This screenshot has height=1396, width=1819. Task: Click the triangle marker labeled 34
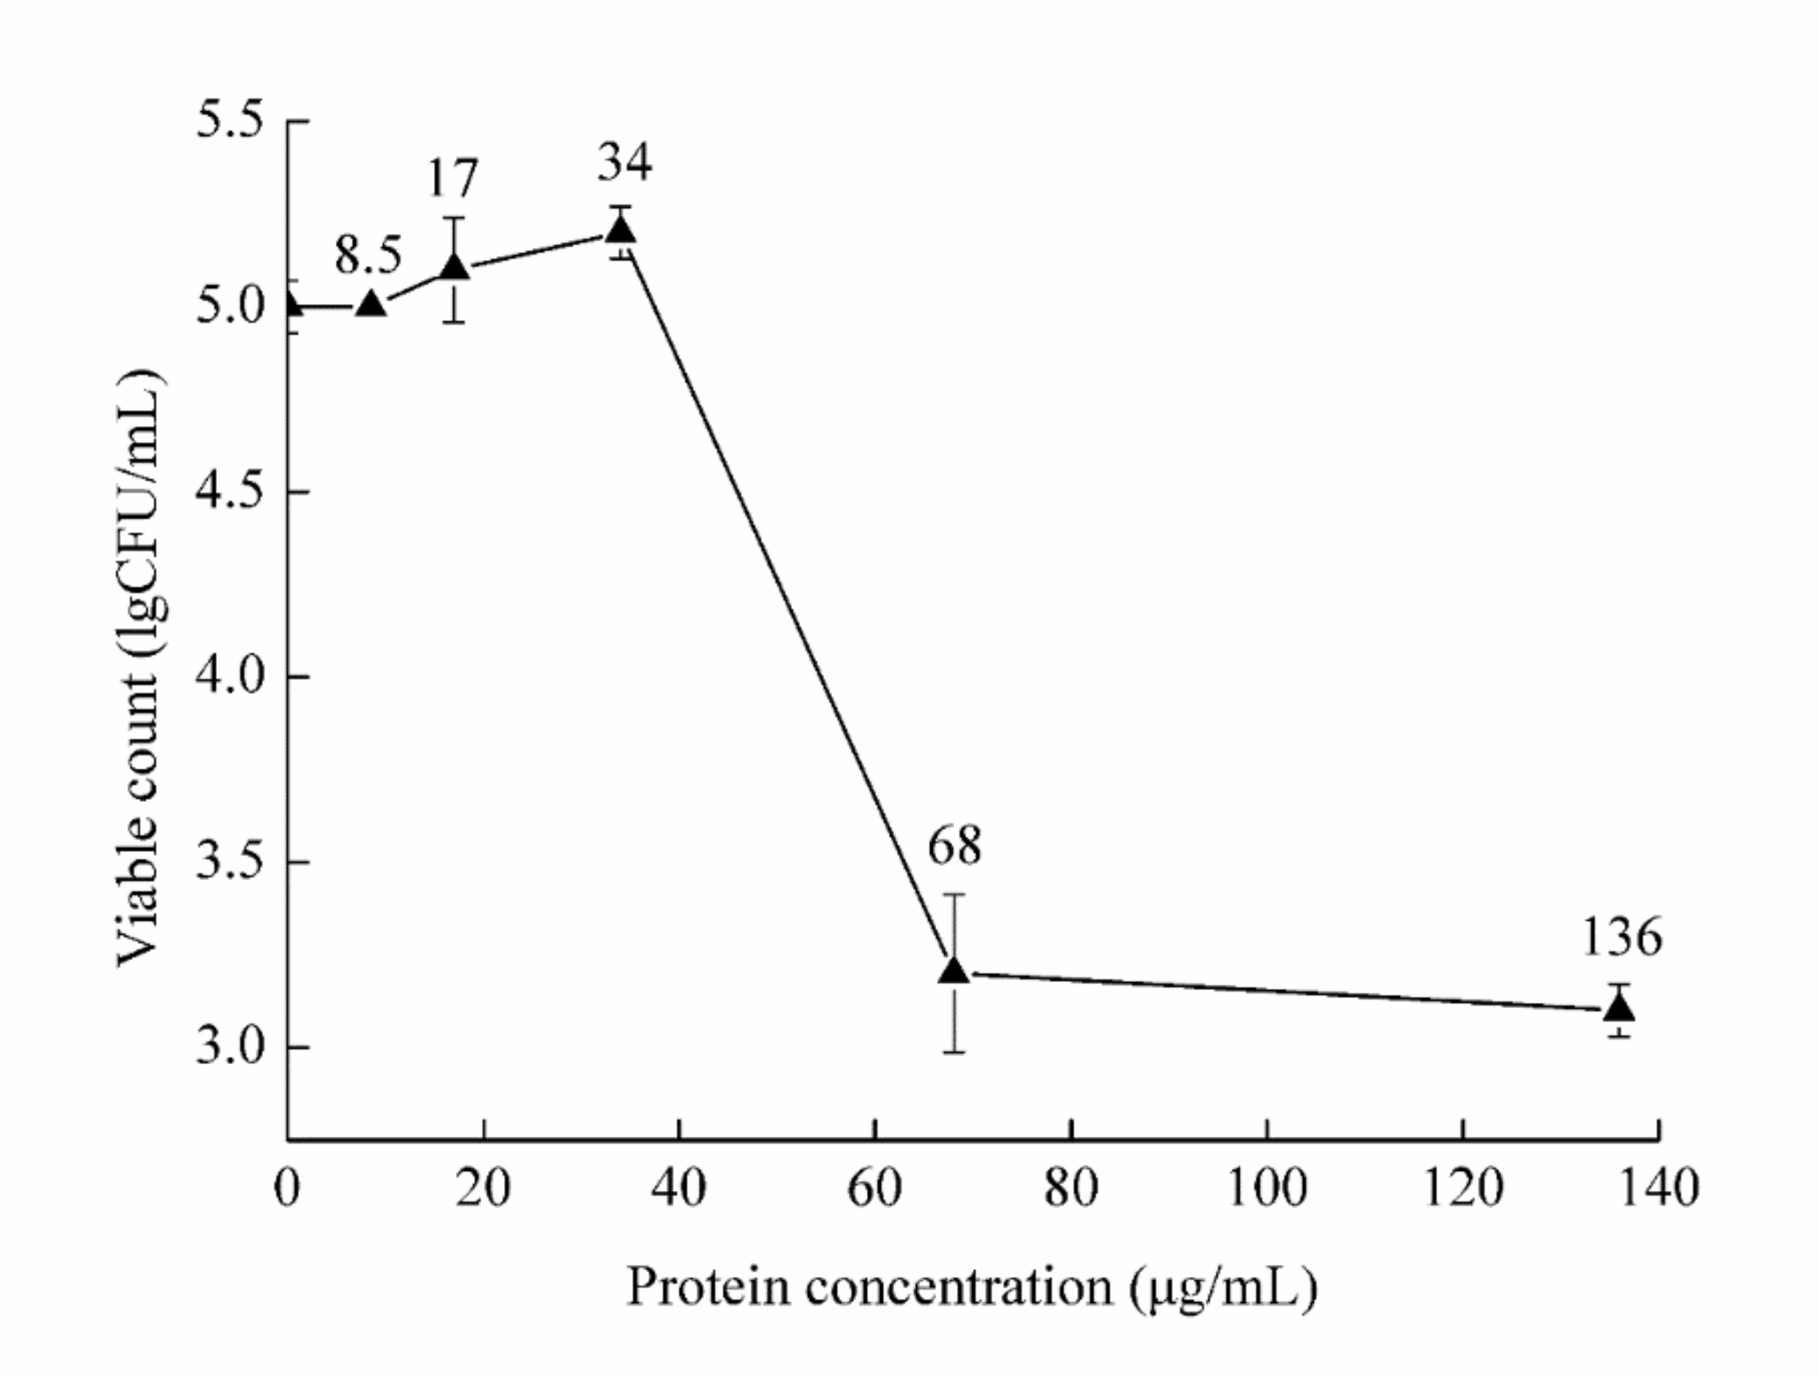tap(620, 229)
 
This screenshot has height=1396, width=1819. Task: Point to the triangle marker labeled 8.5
tap(371, 305)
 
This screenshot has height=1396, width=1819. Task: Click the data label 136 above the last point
tap(1620, 938)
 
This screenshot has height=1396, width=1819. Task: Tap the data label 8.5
tap(368, 255)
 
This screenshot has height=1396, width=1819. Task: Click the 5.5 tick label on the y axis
tap(229, 121)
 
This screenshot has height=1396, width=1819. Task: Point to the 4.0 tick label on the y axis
tap(229, 677)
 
